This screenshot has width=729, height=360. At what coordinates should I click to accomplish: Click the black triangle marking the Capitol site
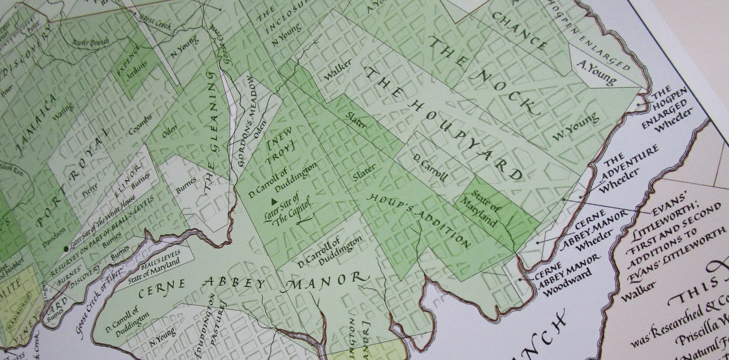(x=274, y=201)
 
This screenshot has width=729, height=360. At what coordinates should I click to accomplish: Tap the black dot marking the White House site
(x=67, y=248)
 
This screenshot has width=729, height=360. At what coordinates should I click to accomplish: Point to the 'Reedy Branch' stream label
(x=90, y=41)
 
